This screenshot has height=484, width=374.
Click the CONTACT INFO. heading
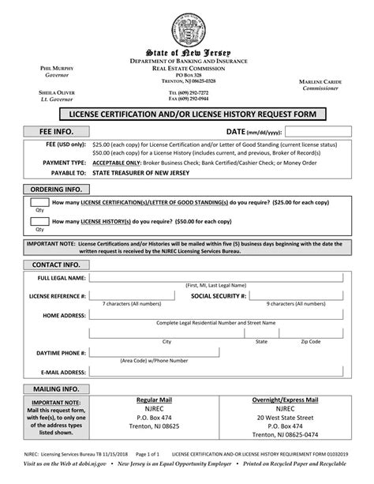(x=55, y=264)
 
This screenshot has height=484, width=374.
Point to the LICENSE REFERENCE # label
(x=58, y=296)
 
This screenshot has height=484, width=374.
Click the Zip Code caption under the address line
(x=310, y=342)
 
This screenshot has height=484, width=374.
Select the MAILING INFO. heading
(x=55, y=389)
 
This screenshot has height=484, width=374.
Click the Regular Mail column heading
(x=155, y=401)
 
